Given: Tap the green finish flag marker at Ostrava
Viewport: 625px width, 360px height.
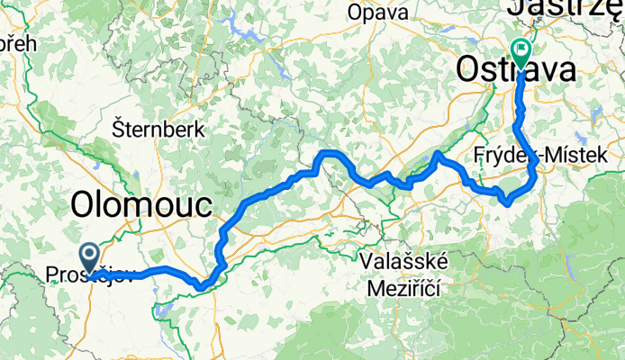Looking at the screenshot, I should click(521, 50).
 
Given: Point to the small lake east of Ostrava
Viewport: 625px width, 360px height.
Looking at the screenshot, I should click(595, 113).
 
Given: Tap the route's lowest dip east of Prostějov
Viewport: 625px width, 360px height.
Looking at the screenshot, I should click(204, 288).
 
